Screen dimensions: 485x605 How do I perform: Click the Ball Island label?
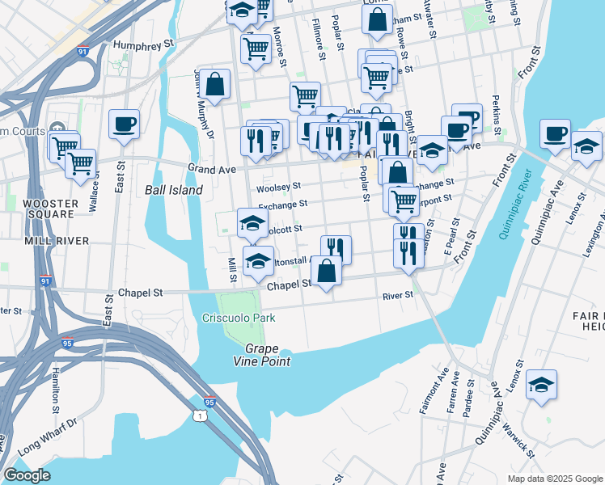coord(173,190)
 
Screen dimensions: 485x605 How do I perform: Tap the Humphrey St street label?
coord(145,44)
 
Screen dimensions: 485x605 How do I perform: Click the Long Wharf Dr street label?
coord(47,433)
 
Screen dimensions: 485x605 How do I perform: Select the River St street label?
coord(398,295)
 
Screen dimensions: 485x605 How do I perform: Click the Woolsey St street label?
coord(279,187)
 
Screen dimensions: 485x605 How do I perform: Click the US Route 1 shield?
coord(200,415)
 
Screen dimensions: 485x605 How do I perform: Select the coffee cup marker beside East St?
coord(124,124)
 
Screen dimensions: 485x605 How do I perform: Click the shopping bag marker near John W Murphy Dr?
coord(215,84)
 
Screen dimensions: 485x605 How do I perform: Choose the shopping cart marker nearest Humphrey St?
coord(256,48)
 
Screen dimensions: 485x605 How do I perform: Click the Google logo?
coord(27,475)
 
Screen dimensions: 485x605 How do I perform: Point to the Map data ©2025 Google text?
coord(554,479)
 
